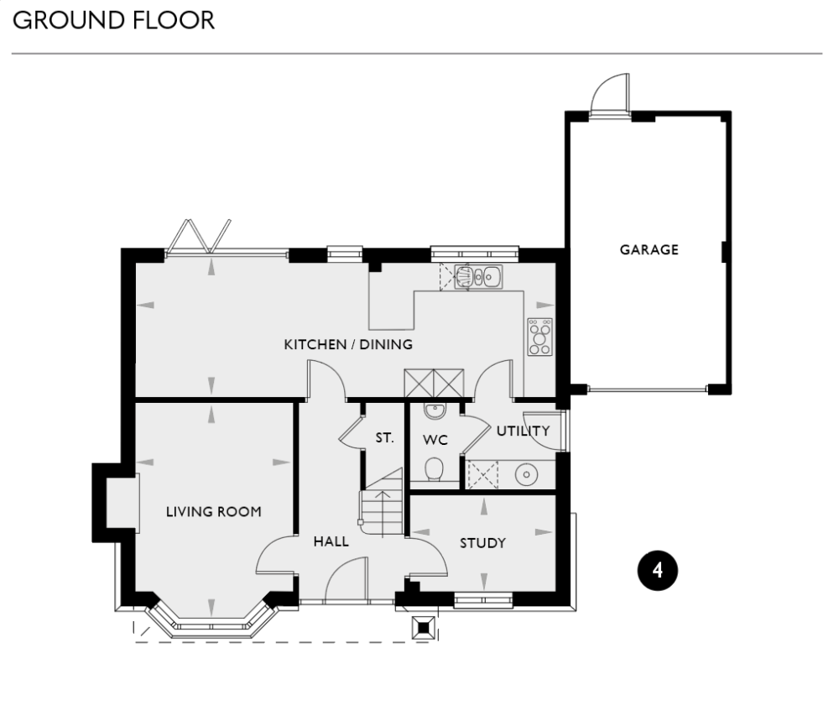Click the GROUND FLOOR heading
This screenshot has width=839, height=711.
click(114, 20)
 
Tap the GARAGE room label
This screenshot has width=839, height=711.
click(649, 249)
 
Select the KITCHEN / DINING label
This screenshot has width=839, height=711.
click(348, 344)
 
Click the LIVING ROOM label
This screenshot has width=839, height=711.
click(213, 511)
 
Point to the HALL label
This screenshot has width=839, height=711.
click(331, 541)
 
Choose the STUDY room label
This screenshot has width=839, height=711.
click(482, 543)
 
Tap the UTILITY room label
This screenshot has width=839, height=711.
click(523, 431)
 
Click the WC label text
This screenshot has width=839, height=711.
click(435, 439)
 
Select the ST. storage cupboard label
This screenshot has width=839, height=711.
click(384, 437)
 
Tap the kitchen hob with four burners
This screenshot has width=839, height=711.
click(539, 337)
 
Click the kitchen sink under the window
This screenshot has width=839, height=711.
click(478, 276)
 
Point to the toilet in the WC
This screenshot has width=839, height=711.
click(434, 470)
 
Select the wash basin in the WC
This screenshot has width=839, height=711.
click(434, 410)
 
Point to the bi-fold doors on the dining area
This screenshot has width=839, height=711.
click(200, 238)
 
